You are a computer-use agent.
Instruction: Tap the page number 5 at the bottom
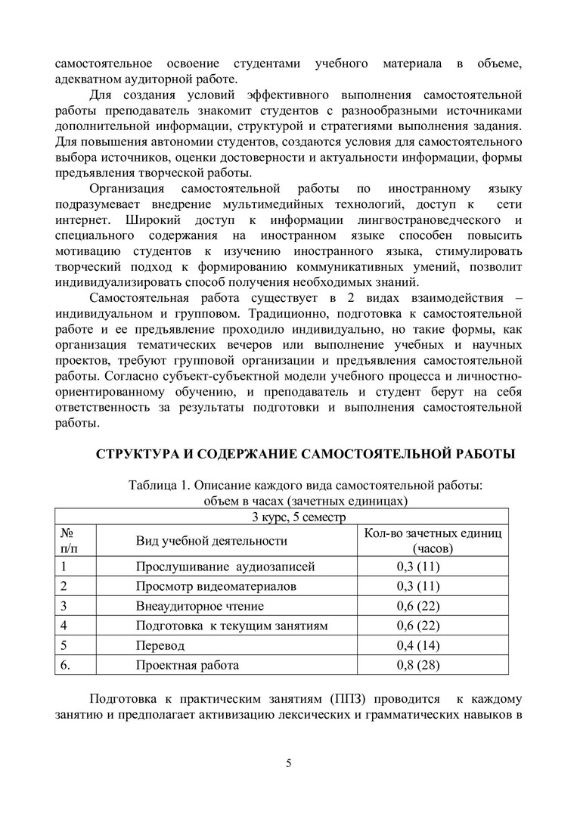(289, 762)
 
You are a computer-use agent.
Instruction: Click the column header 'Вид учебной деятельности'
(211, 540)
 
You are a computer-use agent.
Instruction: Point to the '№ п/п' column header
(67, 540)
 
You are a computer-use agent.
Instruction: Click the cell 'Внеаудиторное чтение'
(200, 606)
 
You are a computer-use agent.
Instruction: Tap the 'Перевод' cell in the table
(160, 646)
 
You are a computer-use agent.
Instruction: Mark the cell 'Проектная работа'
(188, 666)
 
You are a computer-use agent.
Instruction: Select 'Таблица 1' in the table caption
(157, 485)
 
